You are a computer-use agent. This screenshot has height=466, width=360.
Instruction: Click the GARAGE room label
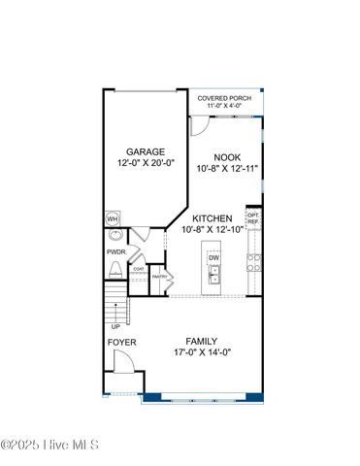point(146,151)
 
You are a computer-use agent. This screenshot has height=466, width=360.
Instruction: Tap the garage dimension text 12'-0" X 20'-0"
point(146,164)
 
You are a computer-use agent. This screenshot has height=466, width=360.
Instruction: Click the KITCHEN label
point(213,218)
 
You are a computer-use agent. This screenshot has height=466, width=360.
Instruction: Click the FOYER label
point(121,343)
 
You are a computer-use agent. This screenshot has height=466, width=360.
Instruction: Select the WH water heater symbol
point(113,218)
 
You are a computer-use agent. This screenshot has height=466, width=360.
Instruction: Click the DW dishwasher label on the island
point(213,257)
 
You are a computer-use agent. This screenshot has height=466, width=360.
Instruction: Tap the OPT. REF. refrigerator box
point(253,218)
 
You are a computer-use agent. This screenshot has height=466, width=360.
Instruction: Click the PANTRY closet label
point(160,277)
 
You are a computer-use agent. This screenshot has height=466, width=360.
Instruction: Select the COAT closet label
point(139,269)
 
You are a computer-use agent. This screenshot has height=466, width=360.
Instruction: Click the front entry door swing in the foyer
point(123,364)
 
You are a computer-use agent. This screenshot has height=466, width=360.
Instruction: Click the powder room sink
point(115,235)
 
